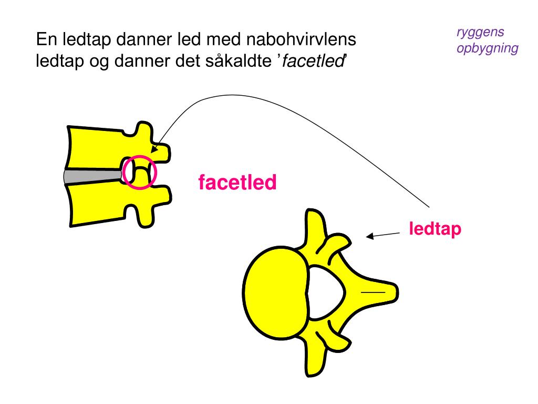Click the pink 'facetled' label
point(237,183)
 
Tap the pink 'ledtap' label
point(435,229)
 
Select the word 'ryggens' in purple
point(480,33)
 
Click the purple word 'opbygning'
point(487,49)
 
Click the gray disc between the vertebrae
point(92,176)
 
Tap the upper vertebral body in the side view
point(95,147)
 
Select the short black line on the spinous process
point(375,291)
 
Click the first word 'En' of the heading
point(45,40)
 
